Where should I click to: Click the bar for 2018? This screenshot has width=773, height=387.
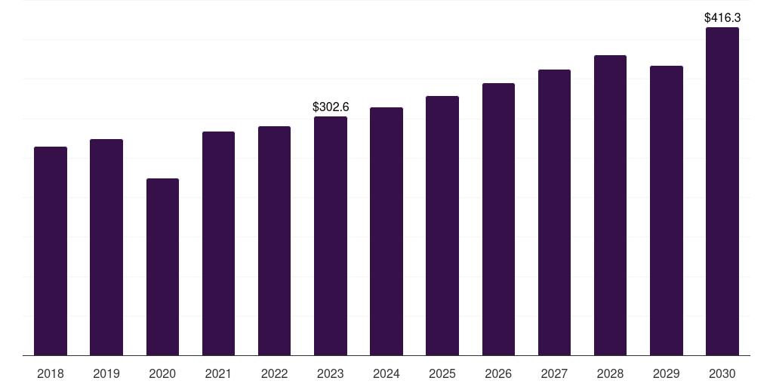tap(51, 251)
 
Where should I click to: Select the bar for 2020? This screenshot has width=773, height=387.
tap(162, 267)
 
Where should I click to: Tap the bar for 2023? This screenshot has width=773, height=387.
tap(331, 236)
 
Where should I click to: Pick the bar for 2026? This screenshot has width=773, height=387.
tap(498, 219)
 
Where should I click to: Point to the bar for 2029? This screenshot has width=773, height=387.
tap(667, 211)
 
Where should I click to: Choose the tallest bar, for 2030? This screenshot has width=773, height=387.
tap(722, 191)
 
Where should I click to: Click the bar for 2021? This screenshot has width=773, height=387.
tap(218, 243)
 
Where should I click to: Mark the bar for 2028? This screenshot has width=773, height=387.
tap(610, 206)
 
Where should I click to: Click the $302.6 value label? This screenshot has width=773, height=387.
tap(331, 107)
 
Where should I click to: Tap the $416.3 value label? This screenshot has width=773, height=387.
tap(722, 17)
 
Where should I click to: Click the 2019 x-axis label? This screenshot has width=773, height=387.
tap(106, 373)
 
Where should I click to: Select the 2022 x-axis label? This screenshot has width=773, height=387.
tap(274, 373)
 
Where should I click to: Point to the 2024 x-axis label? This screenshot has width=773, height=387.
tap(386, 373)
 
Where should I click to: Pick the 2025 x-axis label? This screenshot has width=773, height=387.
tap(442, 373)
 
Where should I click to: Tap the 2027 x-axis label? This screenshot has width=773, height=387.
tap(554, 373)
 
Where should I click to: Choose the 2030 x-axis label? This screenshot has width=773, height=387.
tap(722, 373)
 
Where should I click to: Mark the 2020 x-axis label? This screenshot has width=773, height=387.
tap(162, 373)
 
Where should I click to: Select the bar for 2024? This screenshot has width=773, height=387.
tap(386, 231)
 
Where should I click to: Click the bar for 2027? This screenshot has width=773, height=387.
tap(554, 212)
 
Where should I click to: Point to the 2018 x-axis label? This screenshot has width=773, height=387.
tap(51, 373)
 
